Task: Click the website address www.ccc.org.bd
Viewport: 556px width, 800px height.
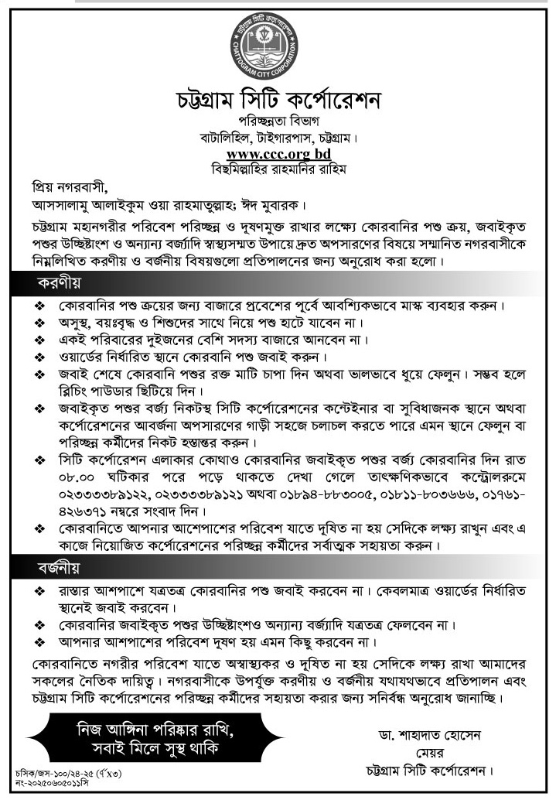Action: coord(278,154)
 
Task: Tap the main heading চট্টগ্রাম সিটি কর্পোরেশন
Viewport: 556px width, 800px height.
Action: coord(278,102)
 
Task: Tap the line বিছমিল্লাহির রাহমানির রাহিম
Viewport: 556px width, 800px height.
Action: coord(278,169)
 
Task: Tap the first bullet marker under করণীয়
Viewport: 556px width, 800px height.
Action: coord(39,306)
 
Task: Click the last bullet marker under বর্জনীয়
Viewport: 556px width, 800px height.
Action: coord(39,642)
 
